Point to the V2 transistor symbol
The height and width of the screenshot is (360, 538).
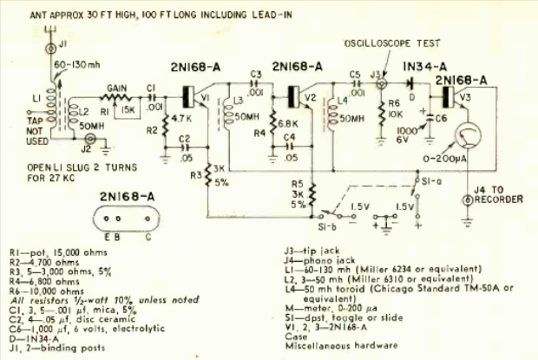tap(298, 96)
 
